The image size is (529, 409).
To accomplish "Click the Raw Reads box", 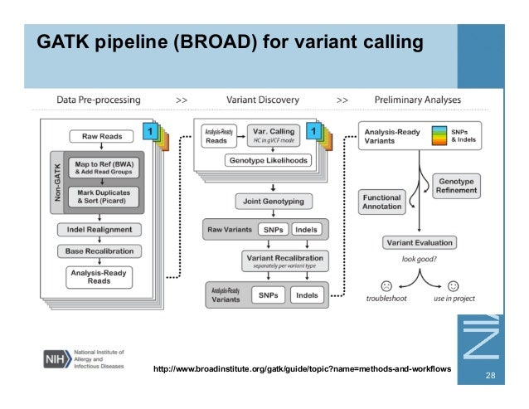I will click(101, 136).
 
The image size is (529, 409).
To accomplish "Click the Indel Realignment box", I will click(99, 229).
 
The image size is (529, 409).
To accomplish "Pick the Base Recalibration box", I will click(99, 251).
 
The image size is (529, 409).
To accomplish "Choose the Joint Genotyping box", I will click(268, 201).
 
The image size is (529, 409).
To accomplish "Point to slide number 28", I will click(490, 377).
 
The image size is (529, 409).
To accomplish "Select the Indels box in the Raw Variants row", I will click(305, 229).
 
